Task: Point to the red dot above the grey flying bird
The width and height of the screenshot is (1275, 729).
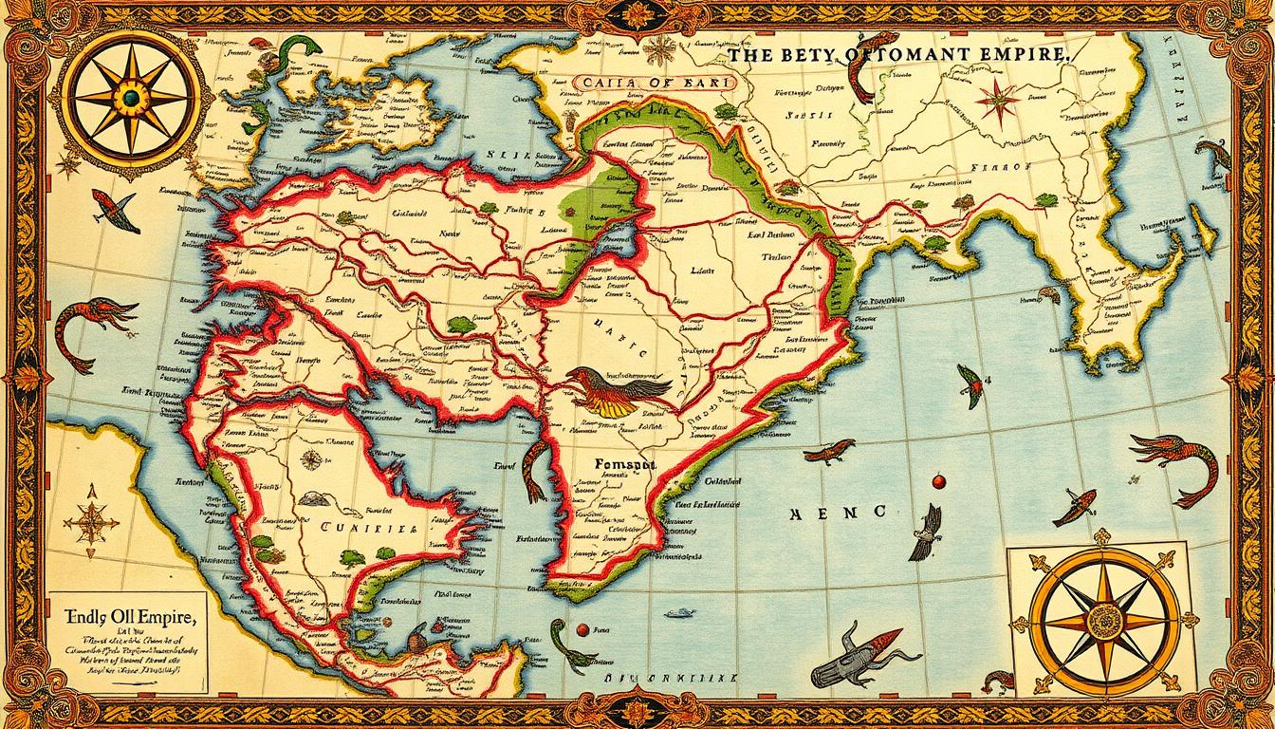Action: (939, 482)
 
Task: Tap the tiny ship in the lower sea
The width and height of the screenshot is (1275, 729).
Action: (679, 613)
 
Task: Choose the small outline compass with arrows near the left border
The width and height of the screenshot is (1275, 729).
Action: (92, 519)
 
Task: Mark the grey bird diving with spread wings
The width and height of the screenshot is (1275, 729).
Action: (927, 533)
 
